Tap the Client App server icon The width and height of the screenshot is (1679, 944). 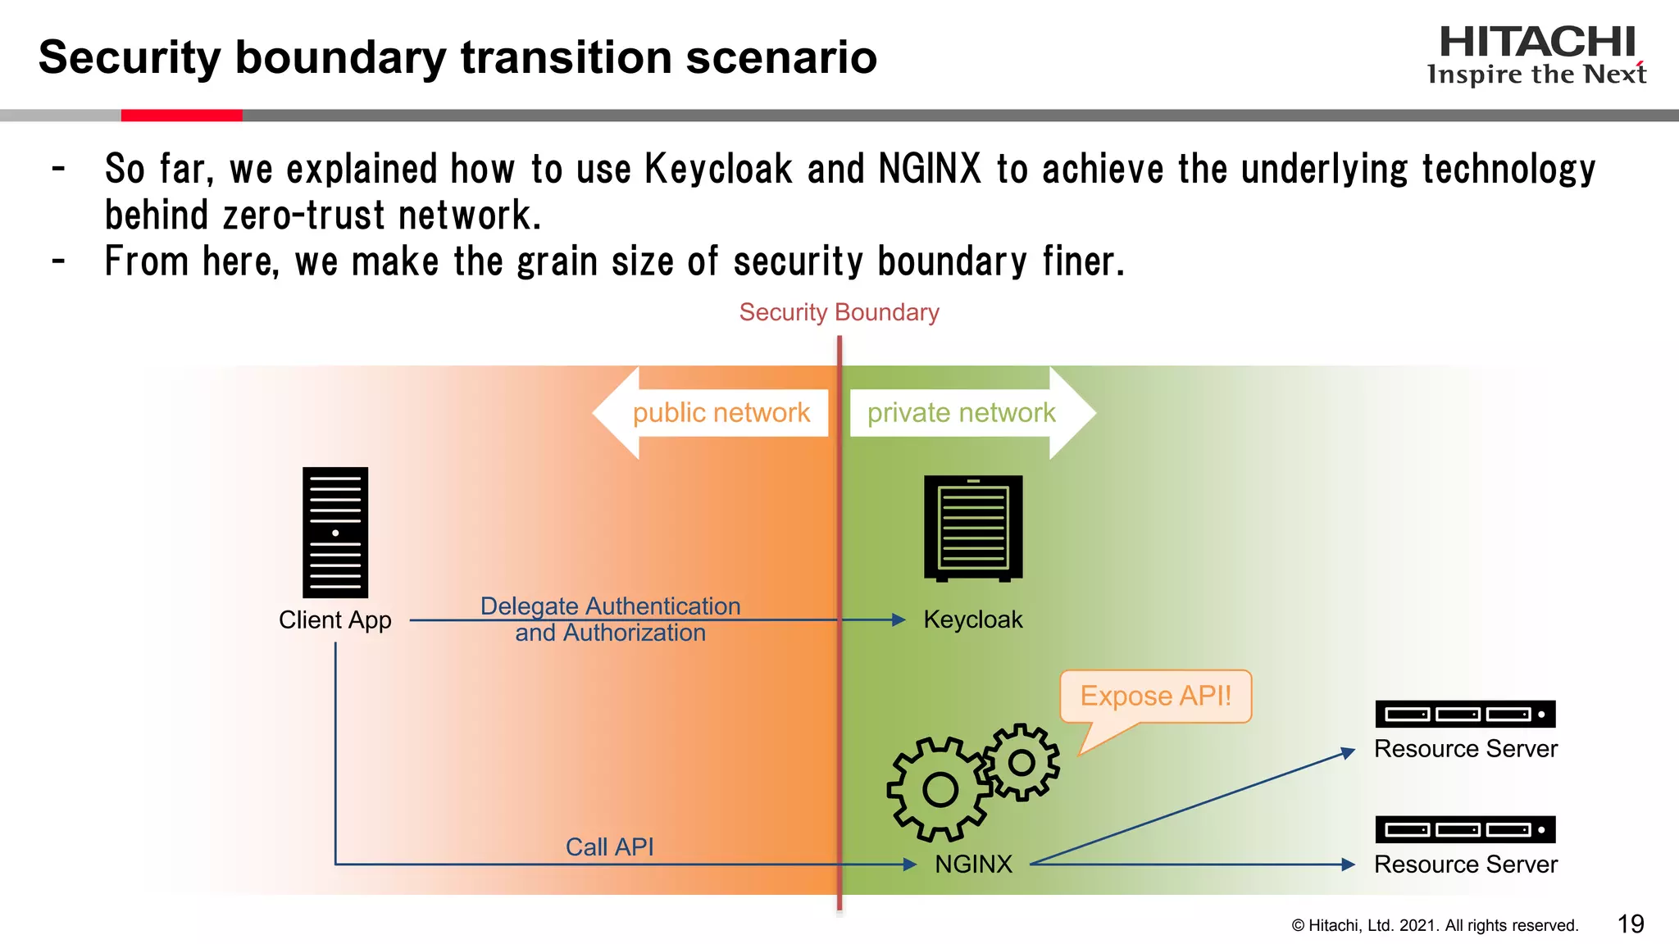tap(335, 532)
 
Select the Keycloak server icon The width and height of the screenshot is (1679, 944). tap(973, 528)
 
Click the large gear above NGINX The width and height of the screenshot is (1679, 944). tap(940, 789)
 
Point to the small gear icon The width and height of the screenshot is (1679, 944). tap(1022, 762)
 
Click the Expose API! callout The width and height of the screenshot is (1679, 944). tap(1155, 697)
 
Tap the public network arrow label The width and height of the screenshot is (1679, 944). tap(721, 412)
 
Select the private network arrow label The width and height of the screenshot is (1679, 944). tap(962, 412)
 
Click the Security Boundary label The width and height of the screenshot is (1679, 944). tap(839, 312)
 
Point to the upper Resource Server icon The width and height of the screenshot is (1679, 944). tap(1465, 714)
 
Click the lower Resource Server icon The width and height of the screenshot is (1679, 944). tap(1465, 829)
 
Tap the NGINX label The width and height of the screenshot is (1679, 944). tap(973, 864)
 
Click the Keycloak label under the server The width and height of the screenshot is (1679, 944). tap(972, 619)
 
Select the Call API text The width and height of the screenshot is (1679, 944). tap(609, 846)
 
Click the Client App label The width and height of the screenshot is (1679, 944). tap(334, 619)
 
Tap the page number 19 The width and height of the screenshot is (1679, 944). tap(1631, 924)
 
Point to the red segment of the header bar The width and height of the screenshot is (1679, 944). tap(181, 116)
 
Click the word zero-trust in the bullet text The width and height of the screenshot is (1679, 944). tap(303, 216)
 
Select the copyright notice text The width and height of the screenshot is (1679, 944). tap(1435, 925)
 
